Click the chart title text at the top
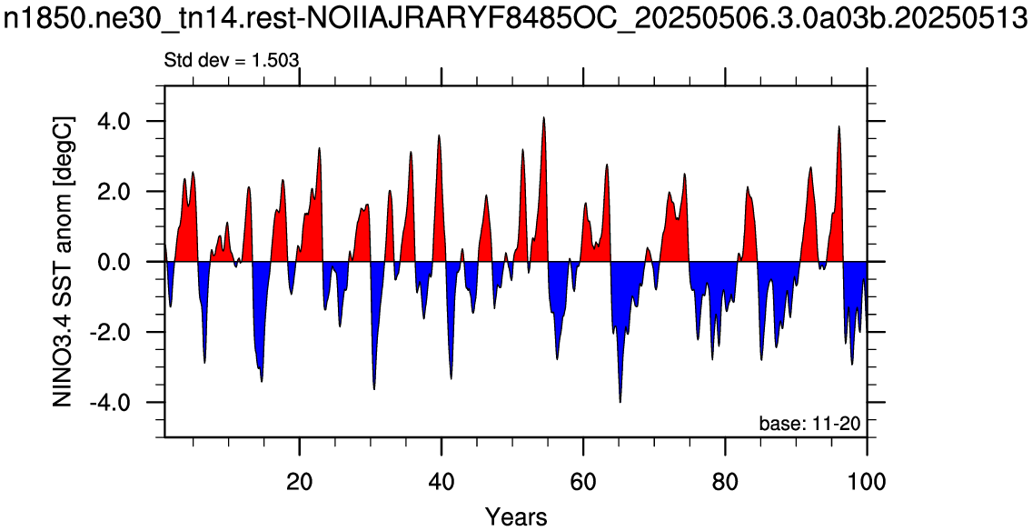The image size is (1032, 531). (516, 21)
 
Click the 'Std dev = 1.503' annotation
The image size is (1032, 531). (232, 60)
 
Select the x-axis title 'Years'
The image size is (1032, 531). (516, 516)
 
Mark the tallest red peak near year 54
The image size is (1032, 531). (543, 117)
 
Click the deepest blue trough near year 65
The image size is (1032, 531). (620, 402)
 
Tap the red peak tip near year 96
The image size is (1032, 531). (838, 125)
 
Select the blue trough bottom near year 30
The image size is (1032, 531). (374, 389)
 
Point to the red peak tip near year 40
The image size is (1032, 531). (439, 135)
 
